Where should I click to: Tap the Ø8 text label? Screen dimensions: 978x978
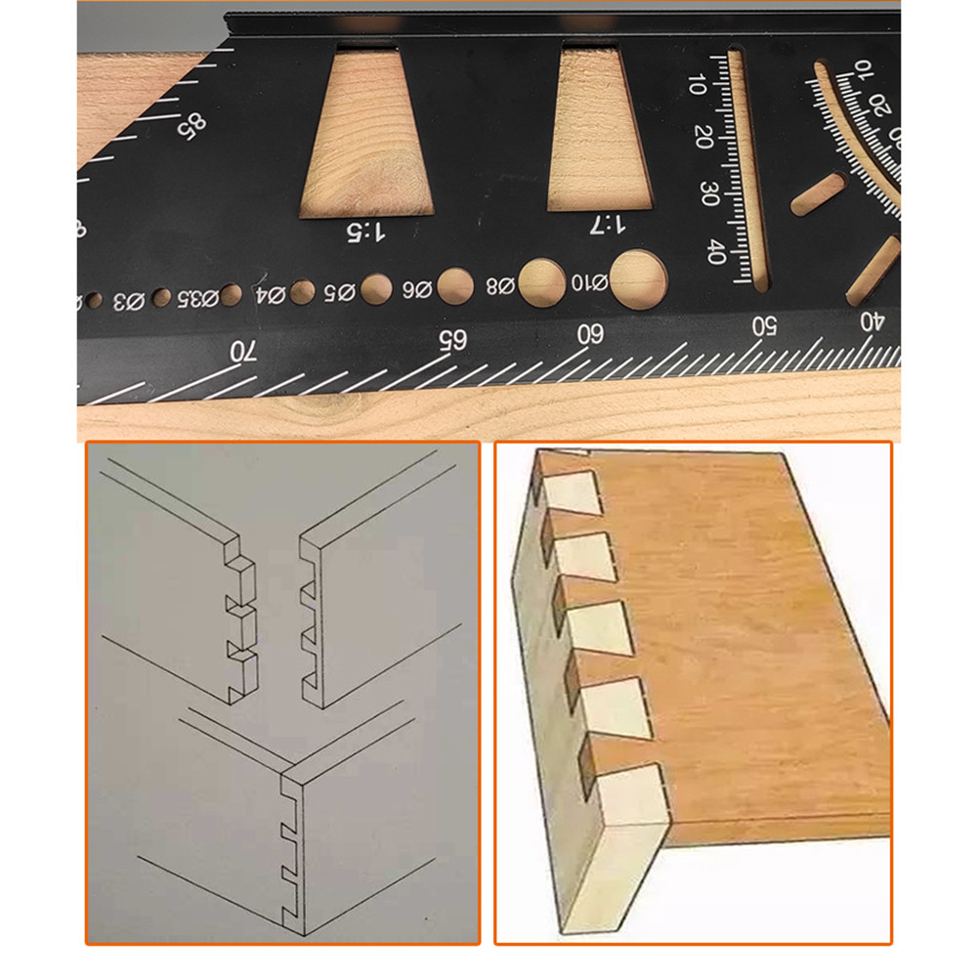tap(500, 286)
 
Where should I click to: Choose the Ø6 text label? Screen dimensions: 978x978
tap(415, 289)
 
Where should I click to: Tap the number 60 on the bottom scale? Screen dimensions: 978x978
tap(590, 333)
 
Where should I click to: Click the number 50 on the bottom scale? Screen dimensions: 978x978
tap(763, 324)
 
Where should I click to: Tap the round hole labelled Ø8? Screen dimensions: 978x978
tap(541, 280)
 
